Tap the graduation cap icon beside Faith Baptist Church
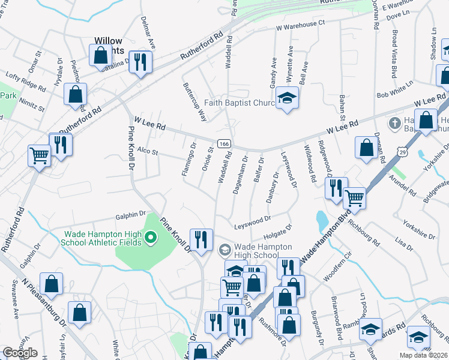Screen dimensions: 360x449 click(288, 97)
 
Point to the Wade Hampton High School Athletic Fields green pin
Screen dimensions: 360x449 click(151, 240)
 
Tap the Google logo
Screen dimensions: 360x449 click(19, 353)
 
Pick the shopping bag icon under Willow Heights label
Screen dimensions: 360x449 click(101, 56)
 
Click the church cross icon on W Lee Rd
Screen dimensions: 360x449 click(394, 124)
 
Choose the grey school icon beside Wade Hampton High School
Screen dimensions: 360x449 click(224, 249)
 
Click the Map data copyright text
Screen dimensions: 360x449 click(423, 355)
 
